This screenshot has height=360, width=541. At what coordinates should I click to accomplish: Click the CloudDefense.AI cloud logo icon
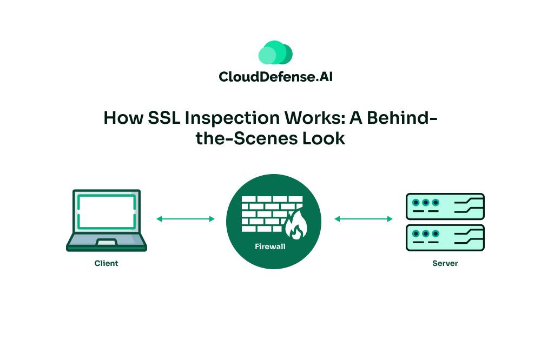(x=275, y=53)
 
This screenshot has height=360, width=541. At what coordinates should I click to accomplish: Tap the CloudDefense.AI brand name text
(x=275, y=77)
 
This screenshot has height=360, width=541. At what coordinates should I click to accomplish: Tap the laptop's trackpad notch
(x=106, y=242)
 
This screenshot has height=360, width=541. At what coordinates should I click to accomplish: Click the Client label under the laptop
(x=106, y=263)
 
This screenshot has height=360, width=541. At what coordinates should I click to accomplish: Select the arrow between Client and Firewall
(x=186, y=219)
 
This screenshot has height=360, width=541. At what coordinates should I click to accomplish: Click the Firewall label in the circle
(x=270, y=246)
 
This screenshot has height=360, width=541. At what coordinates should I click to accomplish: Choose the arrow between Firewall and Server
(x=364, y=219)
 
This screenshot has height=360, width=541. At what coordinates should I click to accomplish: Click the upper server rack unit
(x=445, y=206)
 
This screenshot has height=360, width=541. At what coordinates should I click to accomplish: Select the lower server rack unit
(x=445, y=238)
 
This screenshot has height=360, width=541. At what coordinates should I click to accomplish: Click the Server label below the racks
(x=445, y=263)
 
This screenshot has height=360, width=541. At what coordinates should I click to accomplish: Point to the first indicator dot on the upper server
(x=416, y=203)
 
